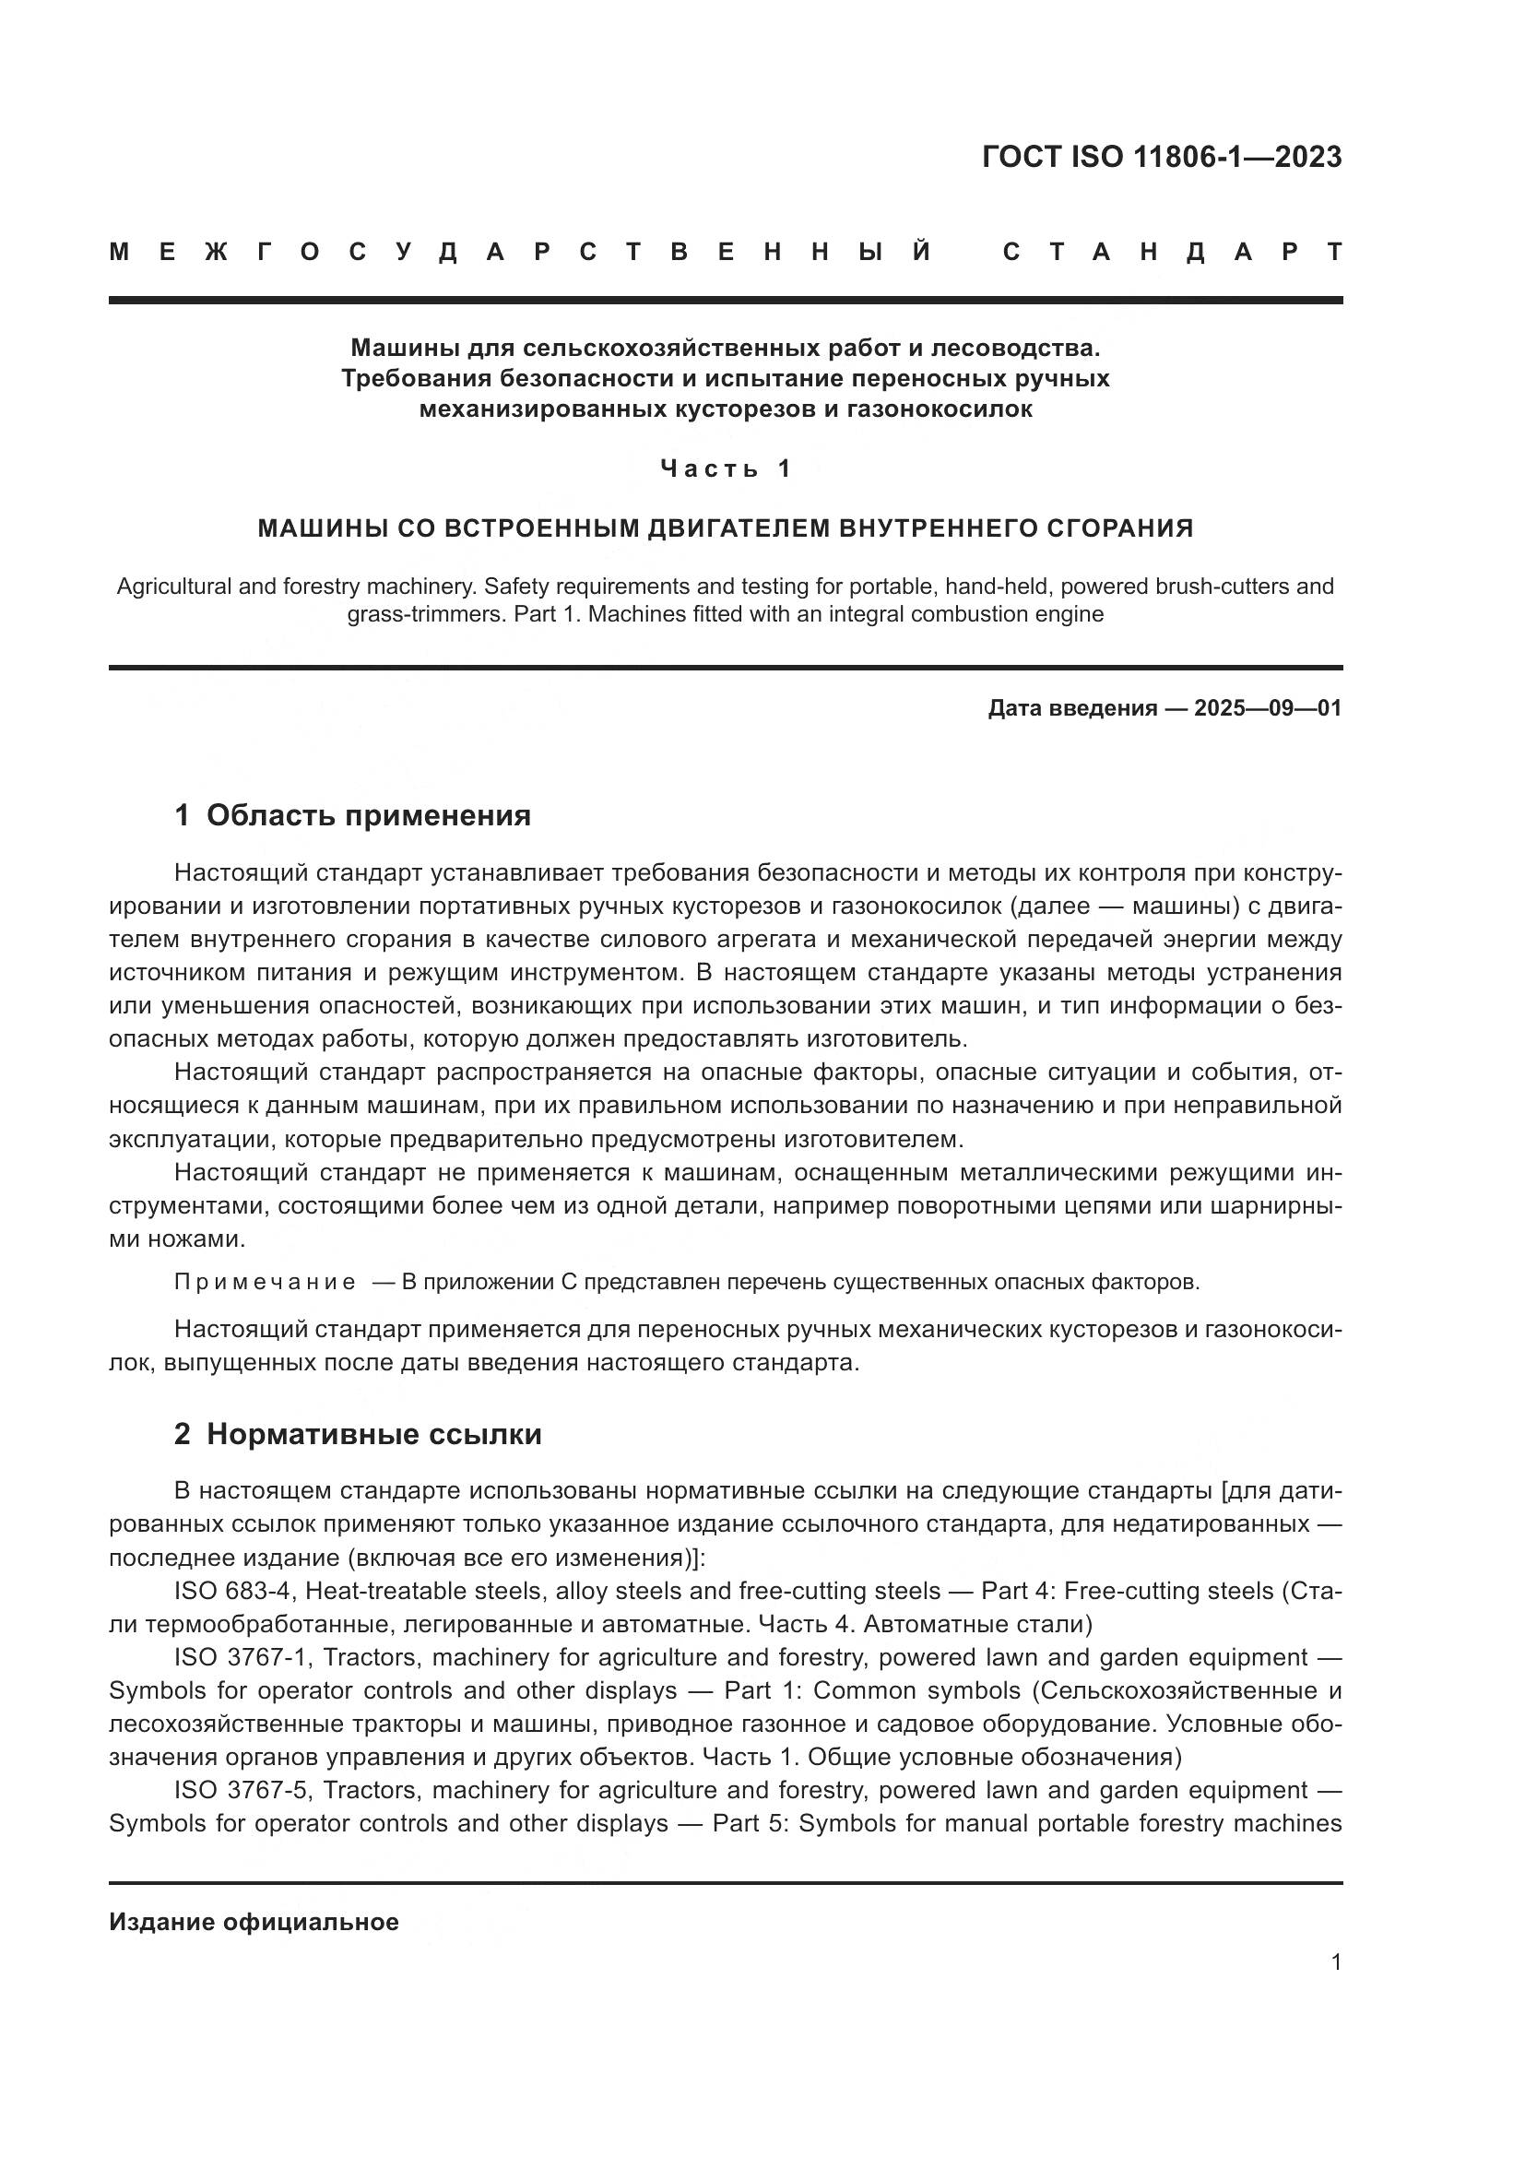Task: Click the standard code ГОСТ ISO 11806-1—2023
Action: point(1162,157)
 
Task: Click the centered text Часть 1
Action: point(726,468)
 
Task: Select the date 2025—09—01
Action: point(1268,708)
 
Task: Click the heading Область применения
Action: point(368,815)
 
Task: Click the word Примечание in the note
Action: point(266,1283)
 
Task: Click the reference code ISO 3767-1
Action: point(242,1657)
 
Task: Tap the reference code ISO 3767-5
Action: point(242,1790)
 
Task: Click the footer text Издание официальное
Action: point(254,1922)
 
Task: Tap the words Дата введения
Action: point(1072,708)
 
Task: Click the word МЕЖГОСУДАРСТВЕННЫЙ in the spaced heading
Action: point(520,252)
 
